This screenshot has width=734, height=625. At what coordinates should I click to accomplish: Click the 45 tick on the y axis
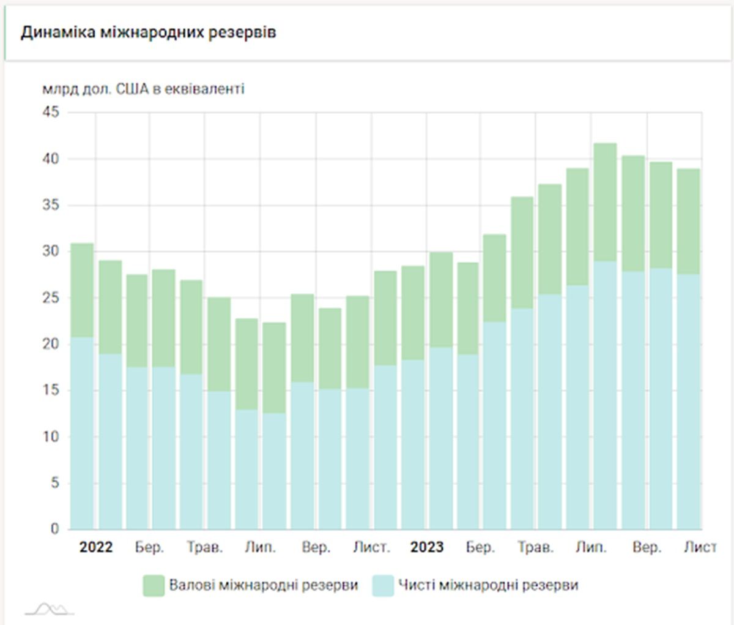point(51,113)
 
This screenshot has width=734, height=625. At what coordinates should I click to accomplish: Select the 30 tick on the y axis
point(51,252)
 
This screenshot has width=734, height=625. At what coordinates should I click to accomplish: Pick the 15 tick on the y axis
point(51,391)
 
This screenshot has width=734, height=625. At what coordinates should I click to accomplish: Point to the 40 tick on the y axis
point(51,159)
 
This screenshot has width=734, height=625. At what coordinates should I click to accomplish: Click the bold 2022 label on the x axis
point(96,547)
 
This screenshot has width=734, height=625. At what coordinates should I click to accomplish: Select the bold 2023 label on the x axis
point(427,547)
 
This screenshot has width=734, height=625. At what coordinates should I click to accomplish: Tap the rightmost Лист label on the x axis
point(699,547)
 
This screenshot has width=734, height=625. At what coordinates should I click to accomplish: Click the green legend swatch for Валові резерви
point(154,586)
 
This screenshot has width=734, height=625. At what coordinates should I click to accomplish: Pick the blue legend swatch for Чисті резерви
point(383,586)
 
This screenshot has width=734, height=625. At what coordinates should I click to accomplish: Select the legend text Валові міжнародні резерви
point(264,586)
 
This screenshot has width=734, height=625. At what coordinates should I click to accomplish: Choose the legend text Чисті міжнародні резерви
point(488,586)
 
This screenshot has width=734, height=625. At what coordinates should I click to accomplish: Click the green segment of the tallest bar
point(605,202)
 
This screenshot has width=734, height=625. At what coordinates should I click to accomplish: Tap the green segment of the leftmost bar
point(82,290)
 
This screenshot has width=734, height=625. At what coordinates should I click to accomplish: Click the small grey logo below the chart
point(50,608)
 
